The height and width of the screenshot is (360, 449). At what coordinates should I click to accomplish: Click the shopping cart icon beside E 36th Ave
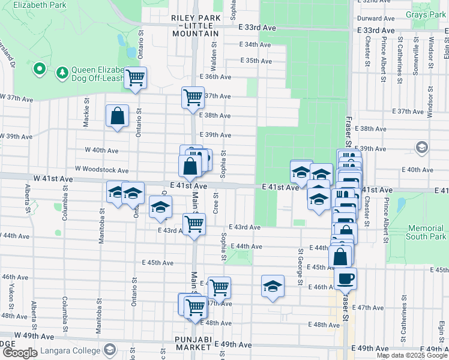[x=135, y=77]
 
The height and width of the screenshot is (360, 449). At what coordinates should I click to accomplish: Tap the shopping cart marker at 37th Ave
[x=193, y=96]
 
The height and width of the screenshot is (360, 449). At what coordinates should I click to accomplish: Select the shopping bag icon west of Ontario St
[x=117, y=115]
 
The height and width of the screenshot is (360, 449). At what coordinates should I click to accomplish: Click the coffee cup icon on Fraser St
[x=346, y=278]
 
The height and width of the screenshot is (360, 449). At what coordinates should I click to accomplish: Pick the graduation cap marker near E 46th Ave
[x=273, y=286]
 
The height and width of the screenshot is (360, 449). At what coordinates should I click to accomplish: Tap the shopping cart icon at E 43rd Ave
[x=194, y=224]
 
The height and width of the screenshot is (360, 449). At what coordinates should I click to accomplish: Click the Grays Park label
[x=425, y=14]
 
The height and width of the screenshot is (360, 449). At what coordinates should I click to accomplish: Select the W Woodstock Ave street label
[x=101, y=170]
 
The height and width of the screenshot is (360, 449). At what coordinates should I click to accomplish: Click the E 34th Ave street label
[x=256, y=44]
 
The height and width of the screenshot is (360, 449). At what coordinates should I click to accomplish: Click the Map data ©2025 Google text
[x=412, y=355]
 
